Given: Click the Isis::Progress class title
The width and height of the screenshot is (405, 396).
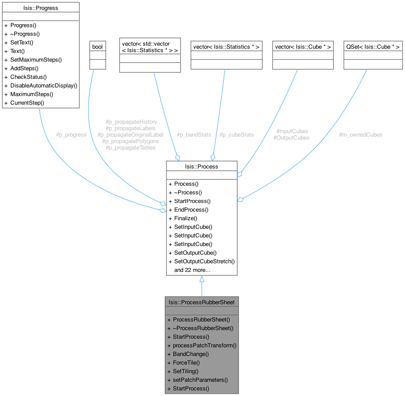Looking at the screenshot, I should point(41,7).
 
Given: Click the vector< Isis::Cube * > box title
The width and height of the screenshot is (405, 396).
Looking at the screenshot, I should point(303,46).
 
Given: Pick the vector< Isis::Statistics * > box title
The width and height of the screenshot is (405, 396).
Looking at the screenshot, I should point(226,46).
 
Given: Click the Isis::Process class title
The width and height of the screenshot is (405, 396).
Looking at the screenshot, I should point(201,166).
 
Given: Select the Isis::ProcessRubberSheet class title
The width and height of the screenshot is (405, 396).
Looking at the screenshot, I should point(201,302).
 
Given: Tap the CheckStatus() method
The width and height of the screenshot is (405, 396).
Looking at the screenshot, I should point(28,77).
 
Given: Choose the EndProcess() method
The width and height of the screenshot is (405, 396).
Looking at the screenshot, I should point(191,209).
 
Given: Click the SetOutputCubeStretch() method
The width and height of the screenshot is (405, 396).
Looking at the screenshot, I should point(204,261).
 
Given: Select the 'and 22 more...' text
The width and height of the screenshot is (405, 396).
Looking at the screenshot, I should point(192,270).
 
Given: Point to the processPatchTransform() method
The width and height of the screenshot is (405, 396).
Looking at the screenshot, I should point(204,345).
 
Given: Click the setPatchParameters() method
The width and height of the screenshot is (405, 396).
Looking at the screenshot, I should point(200,380).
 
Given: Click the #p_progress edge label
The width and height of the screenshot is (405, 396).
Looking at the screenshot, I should point(71,134).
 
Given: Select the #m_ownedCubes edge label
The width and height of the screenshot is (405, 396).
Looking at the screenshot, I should point(361,134).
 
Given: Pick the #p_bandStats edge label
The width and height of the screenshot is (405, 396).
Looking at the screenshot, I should point(194,134).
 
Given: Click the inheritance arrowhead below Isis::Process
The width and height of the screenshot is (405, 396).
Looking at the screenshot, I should point(201,280).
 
